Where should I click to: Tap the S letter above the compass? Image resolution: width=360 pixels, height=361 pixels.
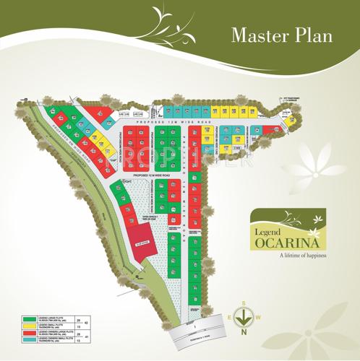(244, 303)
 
